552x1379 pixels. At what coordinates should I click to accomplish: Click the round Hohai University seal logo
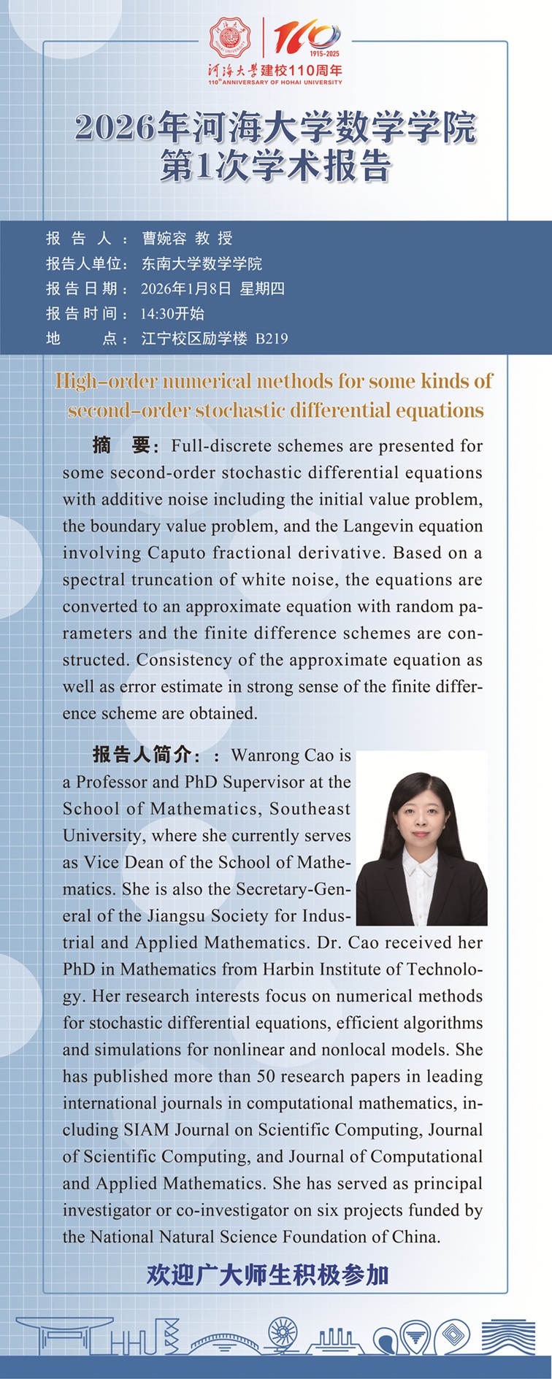coord(230,39)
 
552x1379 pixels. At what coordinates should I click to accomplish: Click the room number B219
coord(272,339)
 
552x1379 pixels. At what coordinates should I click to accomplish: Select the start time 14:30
coord(157,314)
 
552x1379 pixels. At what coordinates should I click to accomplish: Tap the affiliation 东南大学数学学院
coord(202,264)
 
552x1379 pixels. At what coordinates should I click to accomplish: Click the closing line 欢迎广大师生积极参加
coord(267,1275)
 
